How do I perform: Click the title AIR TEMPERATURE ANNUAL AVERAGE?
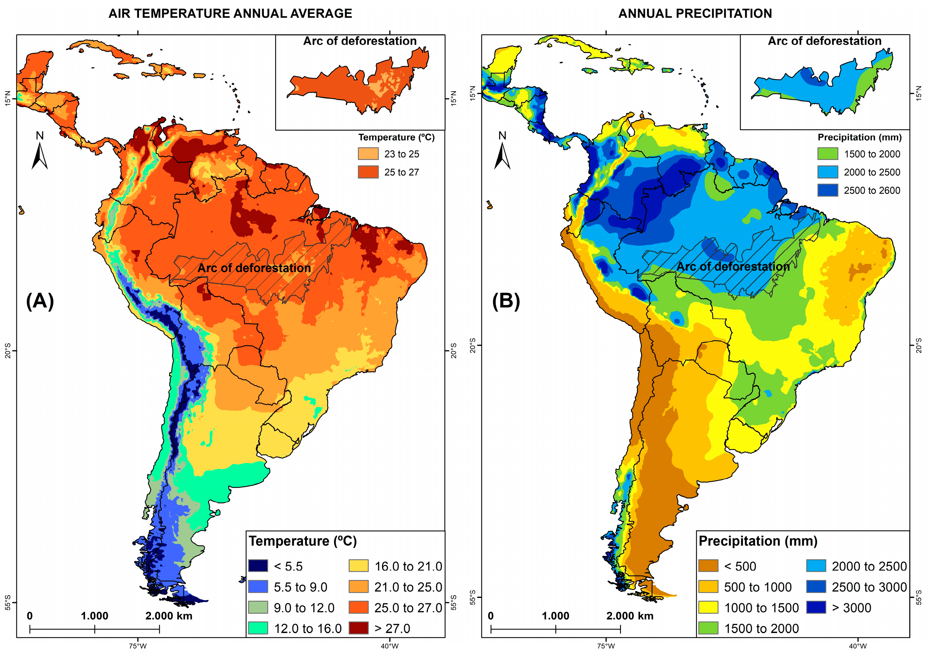tap(230, 13)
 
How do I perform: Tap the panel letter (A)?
tap(40, 301)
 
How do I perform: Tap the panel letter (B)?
tap(505, 301)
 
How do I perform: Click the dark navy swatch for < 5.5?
tap(258, 566)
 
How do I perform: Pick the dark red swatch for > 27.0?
tap(358, 628)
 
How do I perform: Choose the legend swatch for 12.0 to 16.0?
tap(258, 628)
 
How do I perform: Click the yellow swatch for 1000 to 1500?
tap(708, 607)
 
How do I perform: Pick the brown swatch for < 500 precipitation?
tap(708, 566)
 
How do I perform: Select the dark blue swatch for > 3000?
tap(815, 607)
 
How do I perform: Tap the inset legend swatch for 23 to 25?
tap(368, 154)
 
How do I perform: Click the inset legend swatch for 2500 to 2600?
tap(827, 190)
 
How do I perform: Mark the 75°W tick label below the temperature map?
tap(138, 646)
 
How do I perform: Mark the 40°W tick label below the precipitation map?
tap(857, 646)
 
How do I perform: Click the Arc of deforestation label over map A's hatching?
tap(254, 268)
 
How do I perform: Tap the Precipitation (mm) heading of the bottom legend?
tap(758, 541)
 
